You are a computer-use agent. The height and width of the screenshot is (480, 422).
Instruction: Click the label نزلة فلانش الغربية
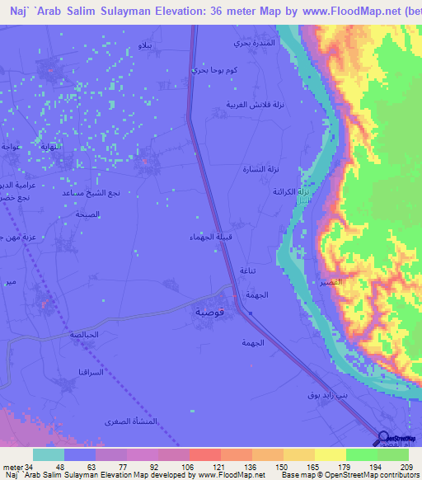point(248,105)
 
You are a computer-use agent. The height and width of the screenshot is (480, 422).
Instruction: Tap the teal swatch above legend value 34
point(48,454)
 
